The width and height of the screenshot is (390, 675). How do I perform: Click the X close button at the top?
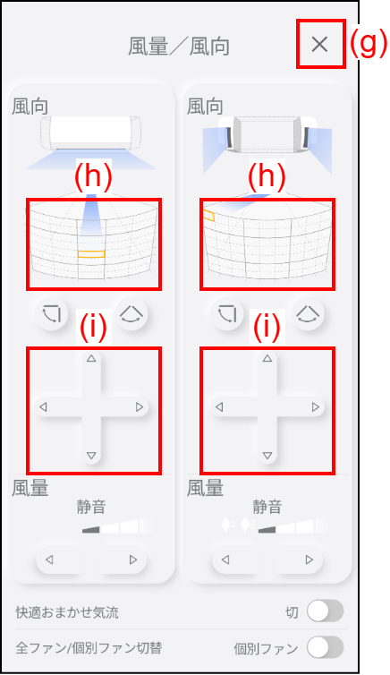pyautogui.click(x=319, y=44)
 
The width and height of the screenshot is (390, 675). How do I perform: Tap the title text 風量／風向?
pyautogui.click(x=178, y=47)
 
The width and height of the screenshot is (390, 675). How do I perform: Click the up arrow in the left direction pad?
pyautogui.click(x=91, y=358)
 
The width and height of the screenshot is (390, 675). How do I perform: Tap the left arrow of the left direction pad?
pyautogui.click(x=43, y=406)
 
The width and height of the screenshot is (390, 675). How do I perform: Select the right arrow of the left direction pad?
pyautogui.click(x=140, y=406)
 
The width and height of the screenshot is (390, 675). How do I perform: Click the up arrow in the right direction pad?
pyautogui.click(x=267, y=358)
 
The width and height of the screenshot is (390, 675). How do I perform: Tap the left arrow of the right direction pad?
pyautogui.click(x=219, y=406)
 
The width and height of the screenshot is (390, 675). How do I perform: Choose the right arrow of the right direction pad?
pyautogui.click(x=316, y=406)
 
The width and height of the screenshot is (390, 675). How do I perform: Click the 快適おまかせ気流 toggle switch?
pyautogui.click(x=326, y=611)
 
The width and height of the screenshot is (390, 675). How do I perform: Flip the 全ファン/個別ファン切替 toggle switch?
pyautogui.click(x=326, y=647)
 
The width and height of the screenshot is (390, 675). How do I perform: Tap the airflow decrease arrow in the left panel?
pyautogui.click(x=49, y=560)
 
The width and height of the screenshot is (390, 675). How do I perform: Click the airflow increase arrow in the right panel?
pyautogui.click(x=309, y=560)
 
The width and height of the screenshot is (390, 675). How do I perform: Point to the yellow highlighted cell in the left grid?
pyautogui.click(x=91, y=254)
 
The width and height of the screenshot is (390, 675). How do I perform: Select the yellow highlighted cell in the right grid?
pyautogui.click(x=208, y=216)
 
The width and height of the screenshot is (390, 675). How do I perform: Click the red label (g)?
pyautogui.click(x=368, y=44)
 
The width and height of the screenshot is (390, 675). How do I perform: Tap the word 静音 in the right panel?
pyautogui.click(x=267, y=507)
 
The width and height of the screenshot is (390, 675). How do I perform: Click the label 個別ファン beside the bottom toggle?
pyautogui.click(x=266, y=648)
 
